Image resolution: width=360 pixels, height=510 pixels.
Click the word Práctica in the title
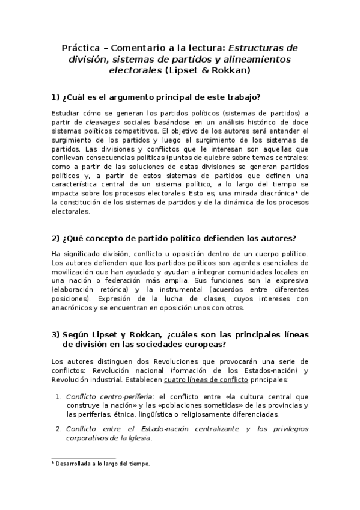pyautogui.click(x=81, y=48)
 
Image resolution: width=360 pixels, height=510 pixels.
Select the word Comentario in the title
pyautogui.click(x=135, y=48)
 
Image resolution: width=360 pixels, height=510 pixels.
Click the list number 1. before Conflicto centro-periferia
pyautogui.click(x=59, y=396)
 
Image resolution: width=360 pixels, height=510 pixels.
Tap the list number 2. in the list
pyautogui.click(x=59, y=429)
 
